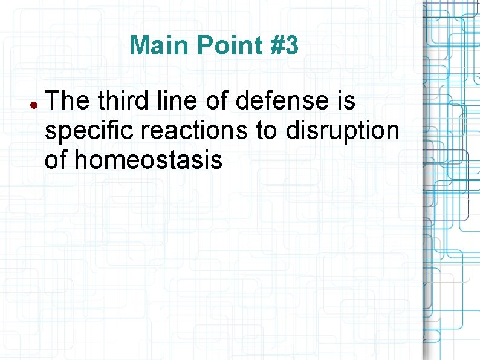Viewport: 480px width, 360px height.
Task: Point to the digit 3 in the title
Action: [x=291, y=45]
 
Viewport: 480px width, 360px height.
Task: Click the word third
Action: [x=122, y=102]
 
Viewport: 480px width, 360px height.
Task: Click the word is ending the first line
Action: [x=347, y=102]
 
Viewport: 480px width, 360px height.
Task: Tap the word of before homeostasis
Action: [x=57, y=161]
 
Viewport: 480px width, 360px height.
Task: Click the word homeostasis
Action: [x=149, y=161]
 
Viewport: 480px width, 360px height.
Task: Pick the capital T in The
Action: [x=52, y=102]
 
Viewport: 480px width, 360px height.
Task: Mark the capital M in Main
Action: [x=139, y=45]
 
